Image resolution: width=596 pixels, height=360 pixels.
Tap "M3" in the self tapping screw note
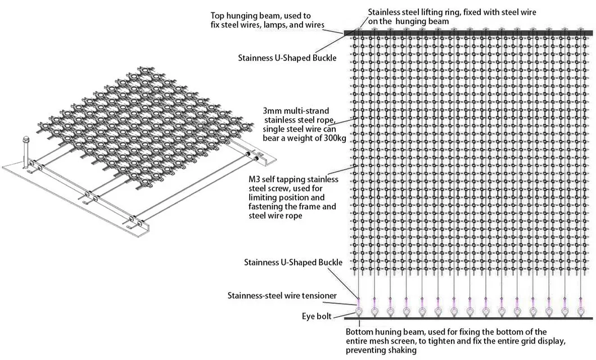[x=254, y=179]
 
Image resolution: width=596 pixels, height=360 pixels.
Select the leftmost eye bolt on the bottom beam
[x=359, y=312]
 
